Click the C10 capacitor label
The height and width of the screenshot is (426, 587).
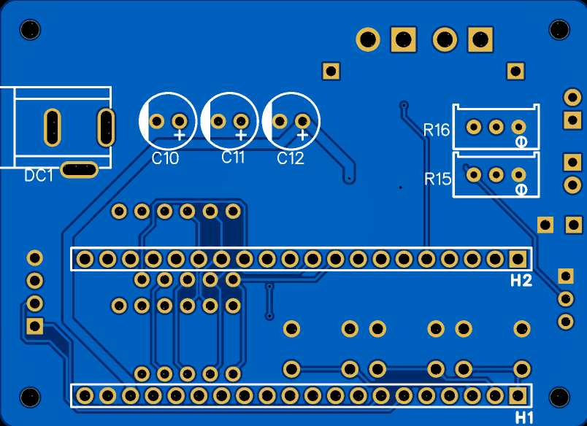[x=165, y=158]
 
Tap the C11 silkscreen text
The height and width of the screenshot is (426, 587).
[x=233, y=158]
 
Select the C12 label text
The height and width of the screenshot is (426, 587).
[x=291, y=158]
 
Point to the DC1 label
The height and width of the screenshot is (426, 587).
[x=39, y=175]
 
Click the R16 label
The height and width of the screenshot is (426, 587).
[x=437, y=130]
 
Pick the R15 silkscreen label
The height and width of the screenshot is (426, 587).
[x=438, y=179]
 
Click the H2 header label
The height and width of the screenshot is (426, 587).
[x=521, y=281]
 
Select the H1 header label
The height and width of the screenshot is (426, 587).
[x=524, y=417]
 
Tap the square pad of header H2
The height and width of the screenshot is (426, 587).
[x=518, y=258]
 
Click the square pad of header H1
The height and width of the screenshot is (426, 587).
[x=518, y=395]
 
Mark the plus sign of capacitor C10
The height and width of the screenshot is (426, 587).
[x=180, y=134]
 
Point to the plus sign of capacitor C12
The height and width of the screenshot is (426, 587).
[x=302, y=134]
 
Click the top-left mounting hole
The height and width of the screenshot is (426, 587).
[x=31, y=30]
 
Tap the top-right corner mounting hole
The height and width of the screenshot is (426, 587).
[x=559, y=30]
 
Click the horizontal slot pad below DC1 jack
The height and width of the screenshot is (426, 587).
[x=79, y=170]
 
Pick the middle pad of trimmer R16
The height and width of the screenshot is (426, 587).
[x=496, y=127]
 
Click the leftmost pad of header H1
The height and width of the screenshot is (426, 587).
[x=85, y=395]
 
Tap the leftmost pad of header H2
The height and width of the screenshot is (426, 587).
[x=85, y=258]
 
